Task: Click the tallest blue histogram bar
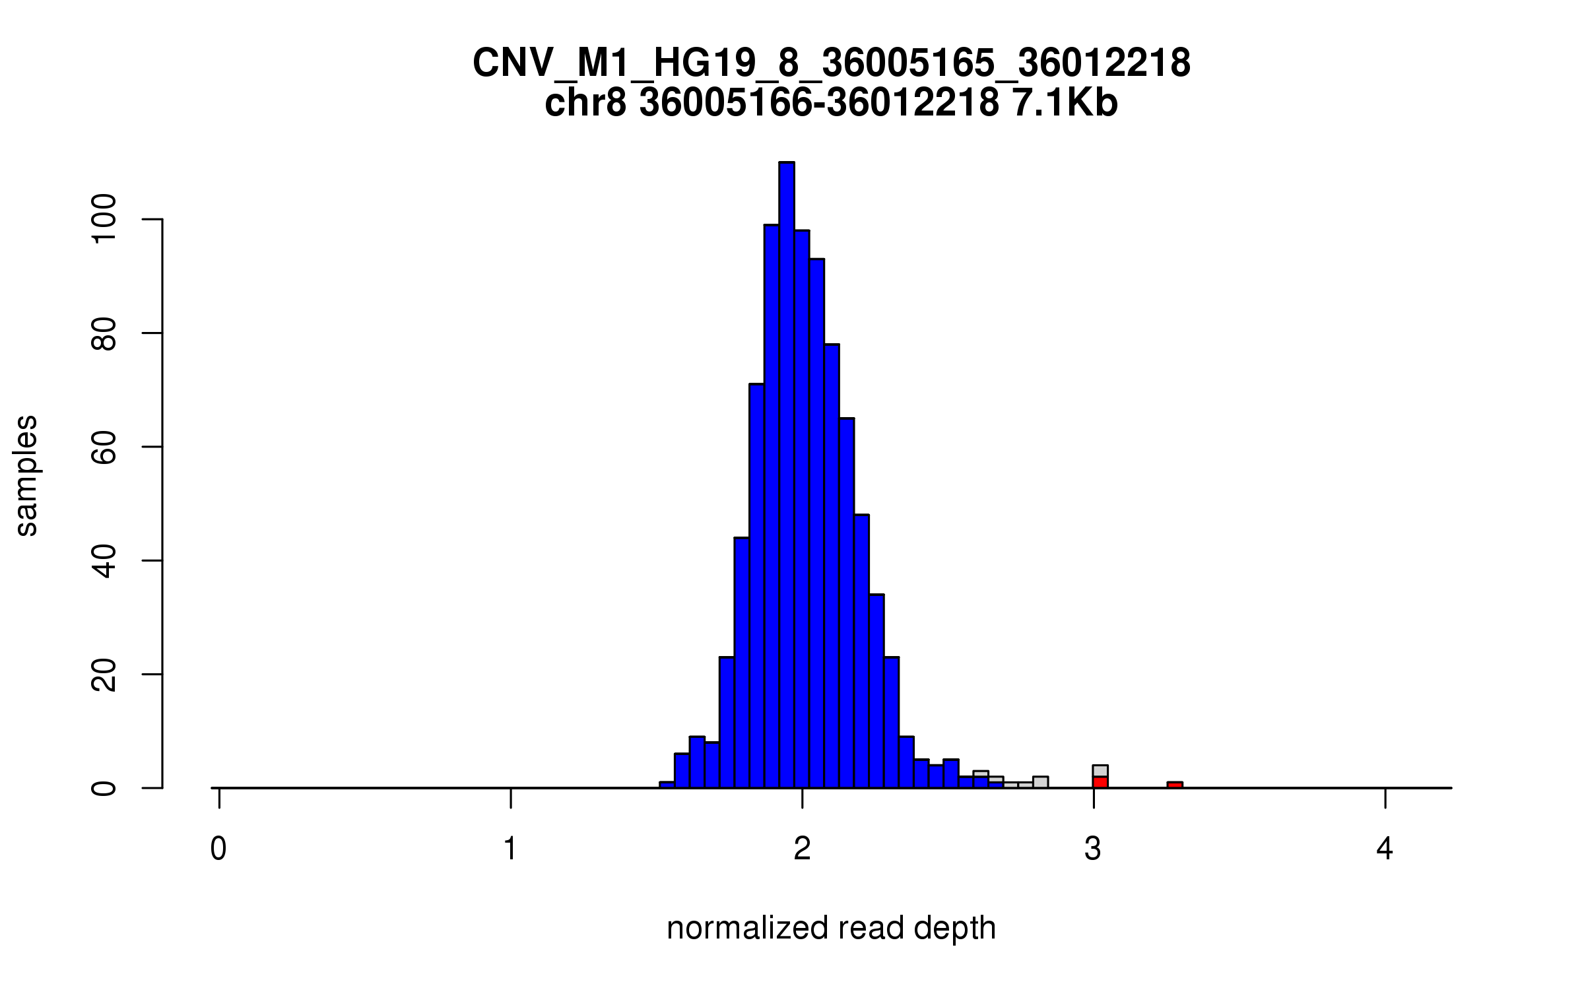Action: [x=786, y=475]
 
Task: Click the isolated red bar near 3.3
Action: [x=1175, y=785]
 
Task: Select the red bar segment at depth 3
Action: [x=1100, y=782]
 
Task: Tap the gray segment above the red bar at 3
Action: [x=1100, y=771]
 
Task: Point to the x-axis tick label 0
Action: [x=218, y=849]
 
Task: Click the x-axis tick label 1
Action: [x=510, y=849]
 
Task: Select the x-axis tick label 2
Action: [x=802, y=849]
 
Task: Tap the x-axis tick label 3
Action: [x=1094, y=849]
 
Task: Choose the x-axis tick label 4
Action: [x=1385, y=849]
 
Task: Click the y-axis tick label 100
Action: [x=104, y=219]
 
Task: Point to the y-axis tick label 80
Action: [x=104, y=333]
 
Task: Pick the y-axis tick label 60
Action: [x=104, y=447]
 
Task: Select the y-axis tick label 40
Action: [x=104, y=561]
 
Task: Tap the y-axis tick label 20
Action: [x=104, y=675]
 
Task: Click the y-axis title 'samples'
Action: [x=26, y=475]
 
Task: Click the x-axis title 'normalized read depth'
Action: [x=831, y=928]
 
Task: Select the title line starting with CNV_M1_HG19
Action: [x=831, y=63]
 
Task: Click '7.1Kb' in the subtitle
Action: [x=1064, y=103]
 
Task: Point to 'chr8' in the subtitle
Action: [x=585, y=103]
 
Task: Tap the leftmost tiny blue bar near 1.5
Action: [x=667, y=785]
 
